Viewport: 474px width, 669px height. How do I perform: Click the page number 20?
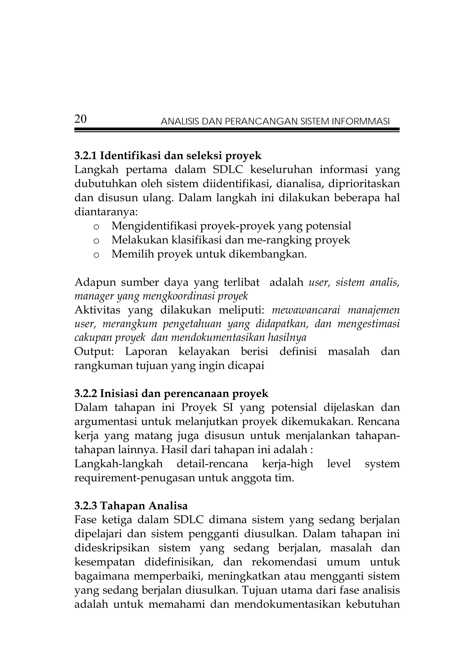pyautogui.click(x=81, y=119)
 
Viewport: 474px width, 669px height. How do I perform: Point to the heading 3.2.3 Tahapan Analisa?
pyautogui.click(x=131, y=506)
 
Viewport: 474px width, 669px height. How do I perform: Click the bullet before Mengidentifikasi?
pyautogui.click(x=96, y=227)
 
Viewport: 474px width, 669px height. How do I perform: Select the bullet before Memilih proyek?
pyautogui.click(x=96, y=255)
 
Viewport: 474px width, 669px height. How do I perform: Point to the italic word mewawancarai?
pyautogui.click(x=306, y=310)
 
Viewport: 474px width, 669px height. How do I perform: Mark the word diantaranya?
pyautogui.click(x=106, y=212)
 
